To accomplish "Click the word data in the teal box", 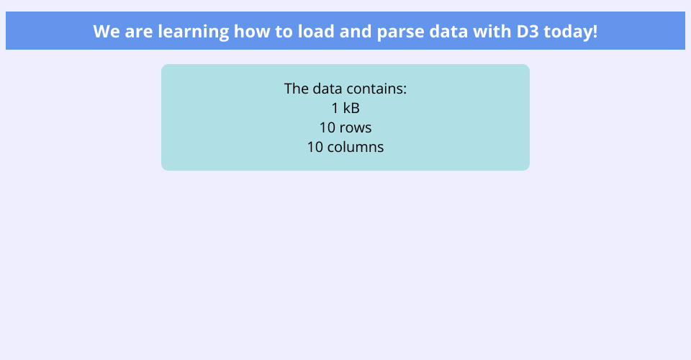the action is pyautogui.click(x=329, y=89).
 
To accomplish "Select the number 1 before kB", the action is pyautogui.click(x=335, y=108).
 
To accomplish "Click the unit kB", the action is pyautogui.click(x=351, y=108).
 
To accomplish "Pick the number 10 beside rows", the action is pyautogui.click(x=328, y=127).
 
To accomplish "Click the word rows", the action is pyautogui.click(x=356, y=128).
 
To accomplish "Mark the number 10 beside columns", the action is pyautogui.click(x=315, y=147).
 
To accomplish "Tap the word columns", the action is pyautogui.click(x=356, y=147).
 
